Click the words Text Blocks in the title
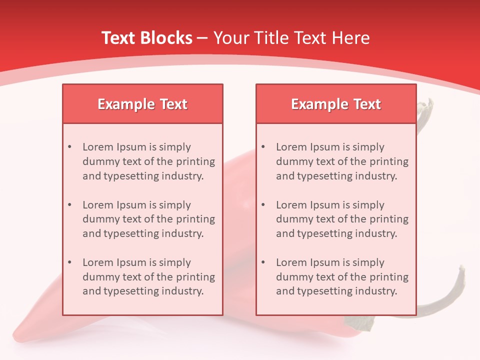click(x=146, y=38)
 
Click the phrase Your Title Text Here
click(x=291, y=38)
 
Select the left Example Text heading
click(x=142, y=104)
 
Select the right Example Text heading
click(x=336, y=104)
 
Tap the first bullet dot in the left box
click(x=69, y=147)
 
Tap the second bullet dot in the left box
click(x=69, y=205)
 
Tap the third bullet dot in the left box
click(x=69, y=262)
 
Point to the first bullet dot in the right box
click(x=263, y=147)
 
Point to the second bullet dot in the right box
click(x=263, y=205)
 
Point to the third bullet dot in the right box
click(x=263, y=262)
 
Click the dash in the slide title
click(x=202, y=38)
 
